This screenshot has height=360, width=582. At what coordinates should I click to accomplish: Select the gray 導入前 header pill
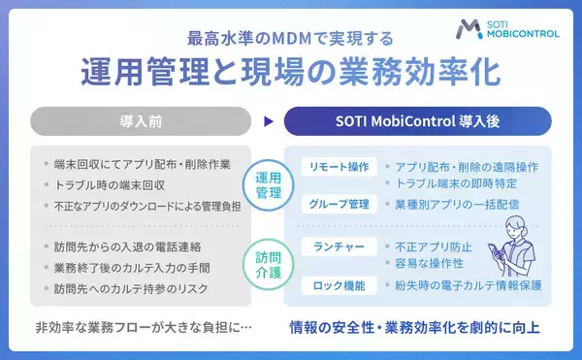point(142,121)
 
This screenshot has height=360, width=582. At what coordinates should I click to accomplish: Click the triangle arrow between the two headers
point(269,122)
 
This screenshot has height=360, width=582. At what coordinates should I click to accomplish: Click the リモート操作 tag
point(336,166)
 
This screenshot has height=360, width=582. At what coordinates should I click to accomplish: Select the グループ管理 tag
point(336,204)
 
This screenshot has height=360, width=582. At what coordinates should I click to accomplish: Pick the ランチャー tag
point(336,246)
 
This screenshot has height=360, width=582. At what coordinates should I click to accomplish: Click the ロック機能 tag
point(336,285)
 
